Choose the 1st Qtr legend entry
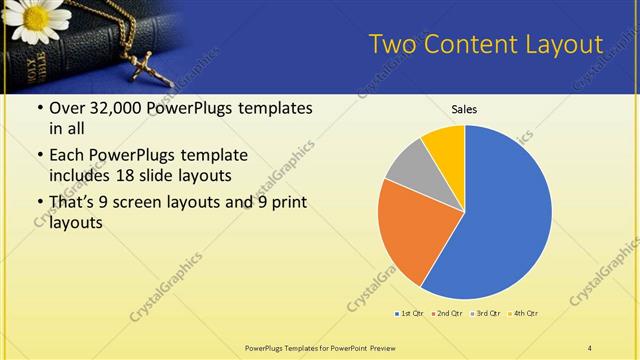pos(410,314)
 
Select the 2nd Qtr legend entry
pos(447,314)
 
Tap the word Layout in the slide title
pos(566,45)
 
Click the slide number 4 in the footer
pos(590,347)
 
